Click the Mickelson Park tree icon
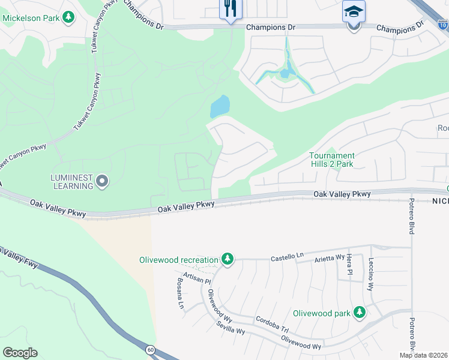coord(69,17)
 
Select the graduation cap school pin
coord(354,12)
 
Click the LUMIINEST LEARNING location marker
coord(102,181)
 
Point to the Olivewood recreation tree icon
coord(227,260)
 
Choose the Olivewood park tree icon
coord(359,313)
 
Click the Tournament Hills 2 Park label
coord(331,160)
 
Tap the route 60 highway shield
coord(150,349)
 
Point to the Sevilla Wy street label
coord(231,328)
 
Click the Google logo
coord(20,353)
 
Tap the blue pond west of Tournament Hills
coord(220,107)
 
